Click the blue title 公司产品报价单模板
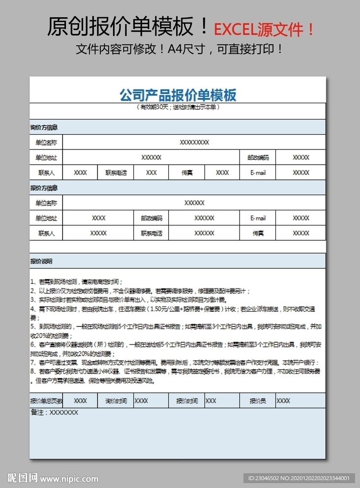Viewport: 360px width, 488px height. click(178, 95)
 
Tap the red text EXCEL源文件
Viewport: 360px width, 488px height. click(263, 29)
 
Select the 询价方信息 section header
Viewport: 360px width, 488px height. click(44, 127)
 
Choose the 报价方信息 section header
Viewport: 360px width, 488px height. click(44, 188)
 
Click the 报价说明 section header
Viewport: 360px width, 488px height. click(41, 261)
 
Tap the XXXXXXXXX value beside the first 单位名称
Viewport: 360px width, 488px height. click(194, 143)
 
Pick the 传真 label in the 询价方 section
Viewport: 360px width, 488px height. click(187, 172)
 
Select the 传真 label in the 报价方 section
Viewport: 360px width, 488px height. click(258, 233)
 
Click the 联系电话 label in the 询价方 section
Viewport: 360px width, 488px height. click(116, 172)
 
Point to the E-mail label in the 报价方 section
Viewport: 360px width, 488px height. click(258, 218)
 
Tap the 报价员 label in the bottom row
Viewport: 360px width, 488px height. click(258, 401)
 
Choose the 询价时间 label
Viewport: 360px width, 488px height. click(116, 401)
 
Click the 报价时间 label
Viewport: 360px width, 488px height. click(187, 401)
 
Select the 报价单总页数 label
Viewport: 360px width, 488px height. click(46, 401)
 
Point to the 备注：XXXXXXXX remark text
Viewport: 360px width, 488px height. click(54, 413)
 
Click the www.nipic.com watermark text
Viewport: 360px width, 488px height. click(69, 478)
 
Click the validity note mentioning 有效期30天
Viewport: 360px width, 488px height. click(178, 107)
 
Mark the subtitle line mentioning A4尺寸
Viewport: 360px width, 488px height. click(180, 50)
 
